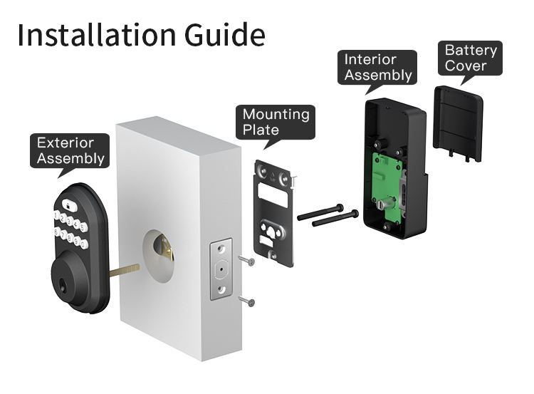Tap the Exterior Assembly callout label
pyautogui.click(x=70, y=150)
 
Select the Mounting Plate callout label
pyautogui.click(x=276, y=122)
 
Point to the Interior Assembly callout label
pyautogui.click(x=377, y=67)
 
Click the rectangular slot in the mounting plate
pyautogui.click(x=276, y=192)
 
